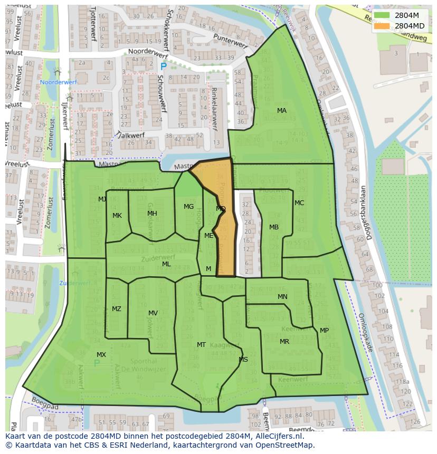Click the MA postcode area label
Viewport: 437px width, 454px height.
(x=282, y=111)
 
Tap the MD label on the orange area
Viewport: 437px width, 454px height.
(x=221, y=209)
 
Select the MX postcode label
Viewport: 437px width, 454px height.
(x=101, y=355)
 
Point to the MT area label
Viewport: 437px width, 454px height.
(x=201, y=345)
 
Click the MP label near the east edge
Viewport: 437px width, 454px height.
(x=324, y=331)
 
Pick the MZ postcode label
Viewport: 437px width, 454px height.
(x=117, y=309)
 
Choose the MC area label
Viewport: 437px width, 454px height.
(x=299, y=203)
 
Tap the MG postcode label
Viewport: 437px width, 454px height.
(x=188, y=207)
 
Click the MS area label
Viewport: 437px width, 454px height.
(x=243, y=360)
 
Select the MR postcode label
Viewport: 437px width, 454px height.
(x=284, y=342)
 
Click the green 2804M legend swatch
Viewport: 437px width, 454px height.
(x=382, y=15)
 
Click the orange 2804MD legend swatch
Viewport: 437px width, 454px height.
(x=382, y=26)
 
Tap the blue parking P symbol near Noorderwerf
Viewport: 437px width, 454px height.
(x=163, y=66)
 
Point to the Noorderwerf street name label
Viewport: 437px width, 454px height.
(x=141, y=53)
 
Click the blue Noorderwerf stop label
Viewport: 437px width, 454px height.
(x=59, y=82)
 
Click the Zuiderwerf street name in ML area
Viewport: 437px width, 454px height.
(x=157, y=259)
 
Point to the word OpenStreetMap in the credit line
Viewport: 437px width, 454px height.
(x=287, y=445)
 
